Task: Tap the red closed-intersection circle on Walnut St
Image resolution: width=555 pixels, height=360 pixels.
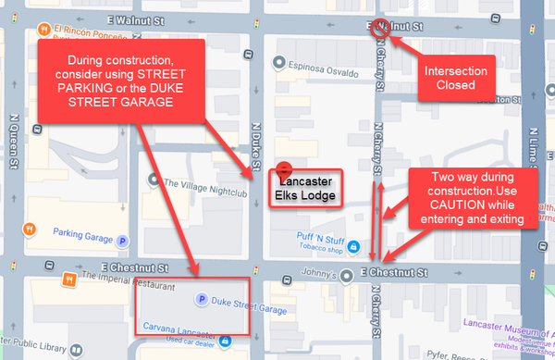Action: click(x=378, y=30)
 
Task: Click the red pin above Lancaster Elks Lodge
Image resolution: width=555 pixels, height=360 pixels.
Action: click(x=285, y=169)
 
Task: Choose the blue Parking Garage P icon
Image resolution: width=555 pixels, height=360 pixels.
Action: click(x=122, y=240)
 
